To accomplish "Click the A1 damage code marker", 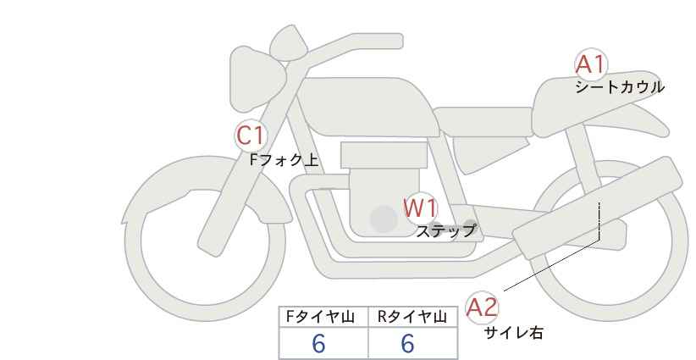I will pyautogui.click(x=589, y=64).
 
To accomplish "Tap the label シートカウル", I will pyautogui.click(x=619, y=87).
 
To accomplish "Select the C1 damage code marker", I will pyautogui.click(x=251, y=135).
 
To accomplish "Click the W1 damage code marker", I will pyautogui.click(x=420, y=208).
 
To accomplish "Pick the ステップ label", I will pyautogui.click(x=445, y=230).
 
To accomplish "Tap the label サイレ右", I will pyautogui.click(x=514, y=333).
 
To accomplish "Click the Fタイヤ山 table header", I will pyautogui.click(x=323, y=317).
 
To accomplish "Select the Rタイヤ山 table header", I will pyautogui.click(x=412, y=317).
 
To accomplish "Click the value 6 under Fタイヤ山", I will pyautogui.click(x=319, y=344).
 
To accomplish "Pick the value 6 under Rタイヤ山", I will pyautogui.click(x=407, y=344).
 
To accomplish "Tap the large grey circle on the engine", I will pyautogui.click(x=384, y=219).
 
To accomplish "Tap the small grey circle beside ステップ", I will pyautogui.click(x=471, y=226).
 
